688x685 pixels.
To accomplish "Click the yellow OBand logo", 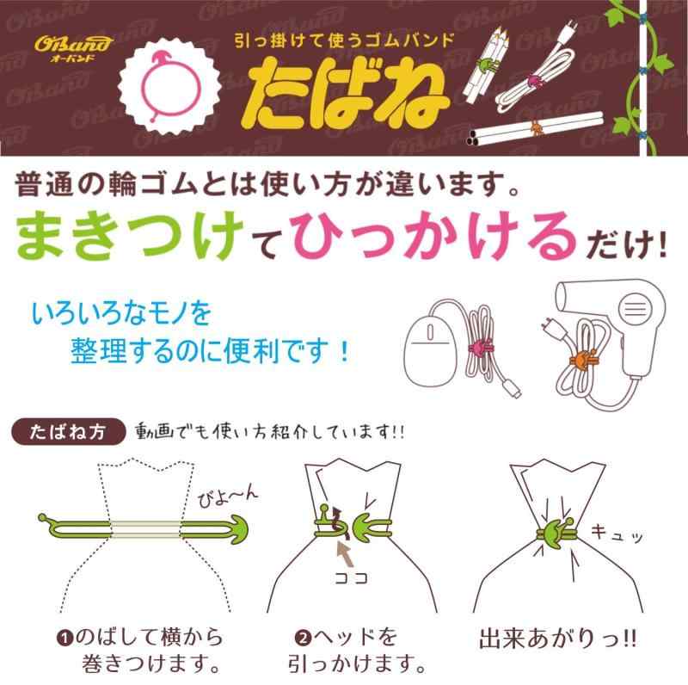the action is (73, 48).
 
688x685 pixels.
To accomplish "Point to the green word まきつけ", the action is (131, 235).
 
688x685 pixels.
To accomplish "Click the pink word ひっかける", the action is (433, 235).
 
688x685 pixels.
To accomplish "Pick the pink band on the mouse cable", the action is (481, 348).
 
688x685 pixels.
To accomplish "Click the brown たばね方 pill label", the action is (69, 432).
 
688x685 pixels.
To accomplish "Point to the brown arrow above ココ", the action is (346, 554).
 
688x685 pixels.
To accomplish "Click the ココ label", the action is (351, 578).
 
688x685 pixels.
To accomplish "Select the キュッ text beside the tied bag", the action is (617, 533).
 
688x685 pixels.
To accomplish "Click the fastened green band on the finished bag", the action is (556, 533).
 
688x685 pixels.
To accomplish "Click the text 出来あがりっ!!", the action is (557, 639).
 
